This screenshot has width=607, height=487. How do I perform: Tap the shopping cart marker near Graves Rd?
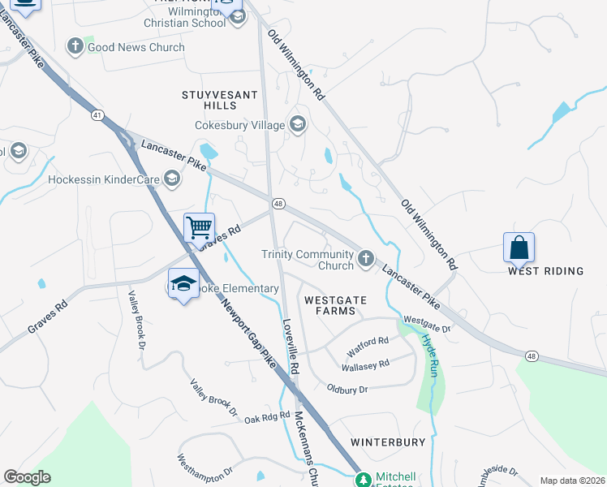tap(199, 227)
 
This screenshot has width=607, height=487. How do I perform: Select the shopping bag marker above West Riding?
tap(519, 247)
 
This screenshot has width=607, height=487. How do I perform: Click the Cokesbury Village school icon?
tap(298, 125)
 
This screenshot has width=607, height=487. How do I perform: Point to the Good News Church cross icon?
tap(75, 47)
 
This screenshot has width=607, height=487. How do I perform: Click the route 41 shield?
tap(97, 115)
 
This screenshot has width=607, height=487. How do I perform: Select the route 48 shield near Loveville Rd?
tap(278, 204)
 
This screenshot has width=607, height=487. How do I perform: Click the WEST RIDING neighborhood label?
tap(545, 271)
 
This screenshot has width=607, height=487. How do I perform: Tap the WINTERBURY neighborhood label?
tap(388, 442)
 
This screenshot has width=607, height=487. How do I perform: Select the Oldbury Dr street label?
tap(347, 390)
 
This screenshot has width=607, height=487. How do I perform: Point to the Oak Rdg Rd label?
tap(267, 416)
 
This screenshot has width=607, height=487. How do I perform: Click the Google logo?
tap(27, 477)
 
